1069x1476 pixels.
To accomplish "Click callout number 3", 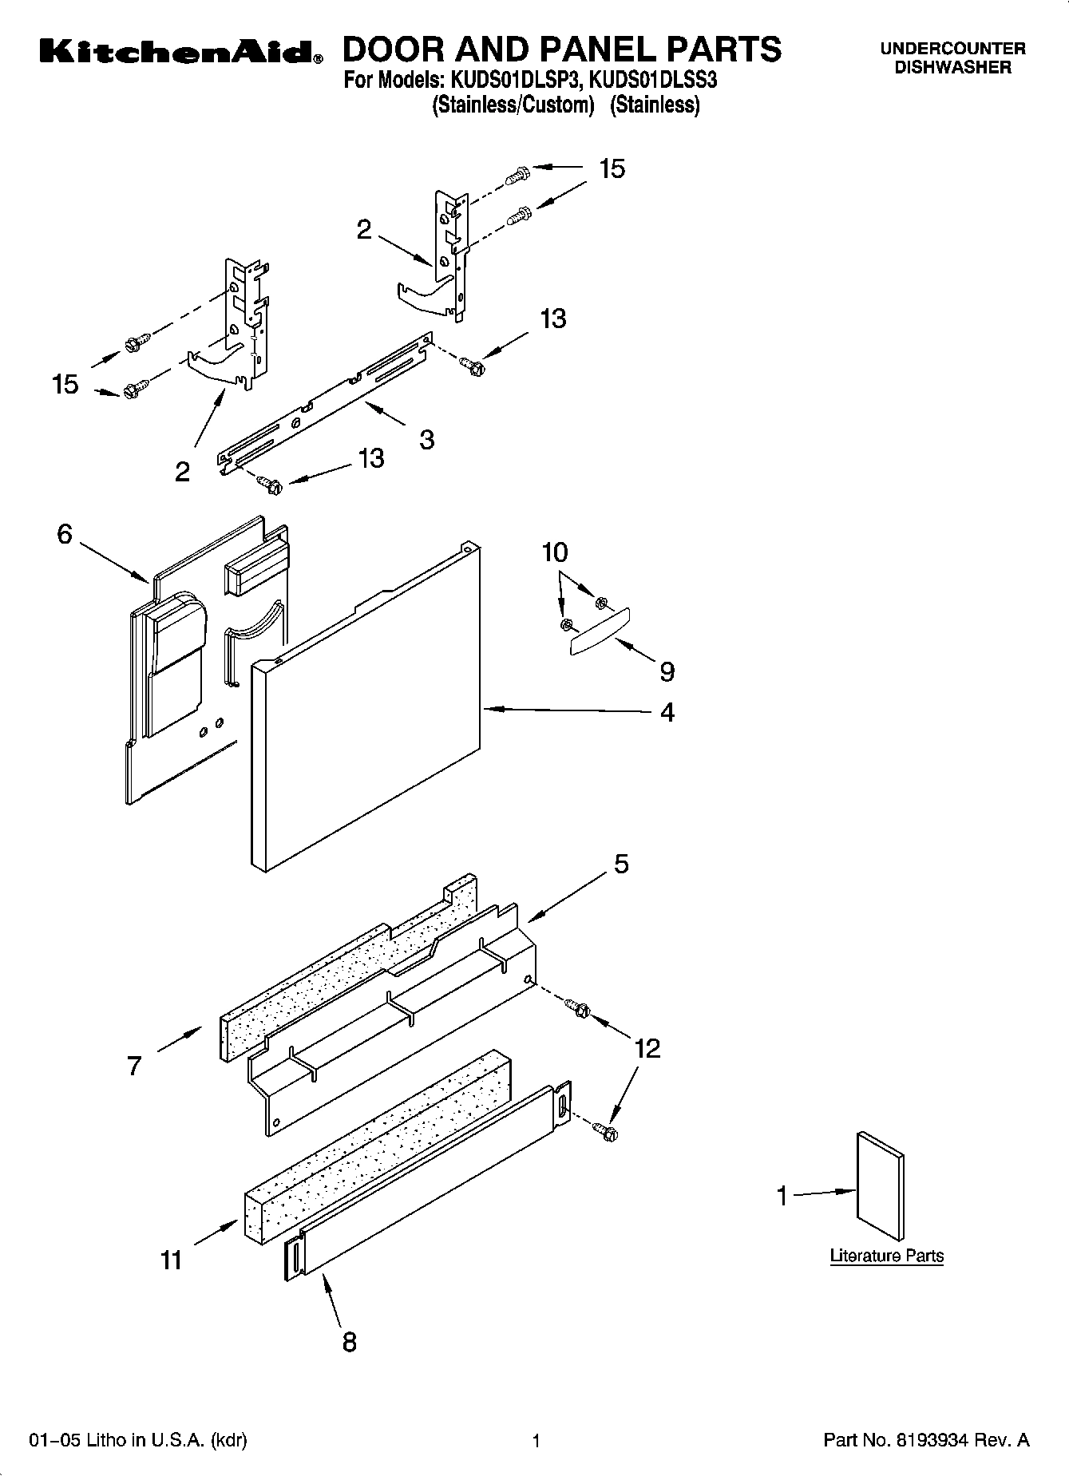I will [x=427, y=438].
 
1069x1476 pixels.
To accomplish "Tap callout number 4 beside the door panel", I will [x=667, y=711].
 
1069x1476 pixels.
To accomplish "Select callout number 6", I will [x=65, y=534].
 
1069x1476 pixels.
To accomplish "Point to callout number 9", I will [x=667, y=671].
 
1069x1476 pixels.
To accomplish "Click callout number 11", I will [x=172, y=1260].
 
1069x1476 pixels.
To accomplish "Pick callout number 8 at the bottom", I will [x=349, y=1342].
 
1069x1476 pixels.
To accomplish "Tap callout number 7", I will [x=134, y=1066].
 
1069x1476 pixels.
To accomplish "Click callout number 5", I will [x=621, y=864].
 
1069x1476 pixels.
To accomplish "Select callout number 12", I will [x=647, y=1048].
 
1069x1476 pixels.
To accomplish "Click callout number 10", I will [x=555, y=552].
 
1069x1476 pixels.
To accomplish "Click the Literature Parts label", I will [x=886, y=1256].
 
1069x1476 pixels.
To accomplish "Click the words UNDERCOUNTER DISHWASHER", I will [x=952, y=58].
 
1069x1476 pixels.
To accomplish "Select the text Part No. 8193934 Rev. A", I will [x=926, y=1441].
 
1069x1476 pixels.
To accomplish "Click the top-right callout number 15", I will [x=612, y=169].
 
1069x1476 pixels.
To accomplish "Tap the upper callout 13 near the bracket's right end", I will [x=552, y=319].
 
